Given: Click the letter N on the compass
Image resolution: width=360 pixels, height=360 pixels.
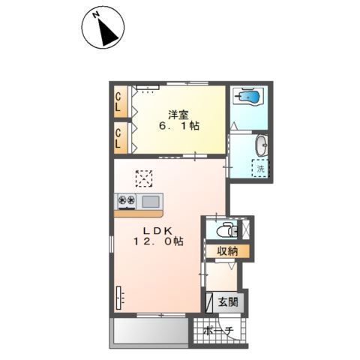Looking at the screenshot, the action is [x=95, y=15].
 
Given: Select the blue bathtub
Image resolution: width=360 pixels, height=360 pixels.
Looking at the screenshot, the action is [x=250, y=96].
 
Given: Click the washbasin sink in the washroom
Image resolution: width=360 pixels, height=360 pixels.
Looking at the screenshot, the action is [x=262, y=145].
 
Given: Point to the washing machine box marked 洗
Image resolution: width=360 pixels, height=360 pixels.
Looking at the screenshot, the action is [x=260, y=169].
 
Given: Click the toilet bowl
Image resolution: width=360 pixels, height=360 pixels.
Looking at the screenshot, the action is [x=224, y=230].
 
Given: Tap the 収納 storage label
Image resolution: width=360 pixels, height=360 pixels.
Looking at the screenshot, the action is [x=227, y=251].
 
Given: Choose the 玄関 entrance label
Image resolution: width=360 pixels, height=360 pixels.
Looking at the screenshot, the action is [x=228, y=302].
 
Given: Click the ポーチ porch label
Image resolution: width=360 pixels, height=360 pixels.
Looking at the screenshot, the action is [x=218, y=331].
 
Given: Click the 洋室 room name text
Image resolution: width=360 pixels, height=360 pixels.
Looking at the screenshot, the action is [x=178, y=115].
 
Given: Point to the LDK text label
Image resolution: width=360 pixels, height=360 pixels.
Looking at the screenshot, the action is [x=157, y=230].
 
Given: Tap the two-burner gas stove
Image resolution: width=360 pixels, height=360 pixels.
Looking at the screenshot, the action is [x=127, y=201].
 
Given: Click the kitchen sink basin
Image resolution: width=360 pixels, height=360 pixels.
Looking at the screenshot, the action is [x=151, y=202].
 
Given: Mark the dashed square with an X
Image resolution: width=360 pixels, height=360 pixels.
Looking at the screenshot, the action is [x=144, y=178].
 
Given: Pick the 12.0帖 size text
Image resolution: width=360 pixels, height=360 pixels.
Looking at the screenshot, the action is [x=158, y=241].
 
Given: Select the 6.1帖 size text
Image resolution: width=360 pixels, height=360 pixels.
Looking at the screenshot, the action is [x=179, y=126].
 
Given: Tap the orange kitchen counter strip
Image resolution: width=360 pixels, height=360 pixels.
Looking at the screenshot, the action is [x=138, y=214].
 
